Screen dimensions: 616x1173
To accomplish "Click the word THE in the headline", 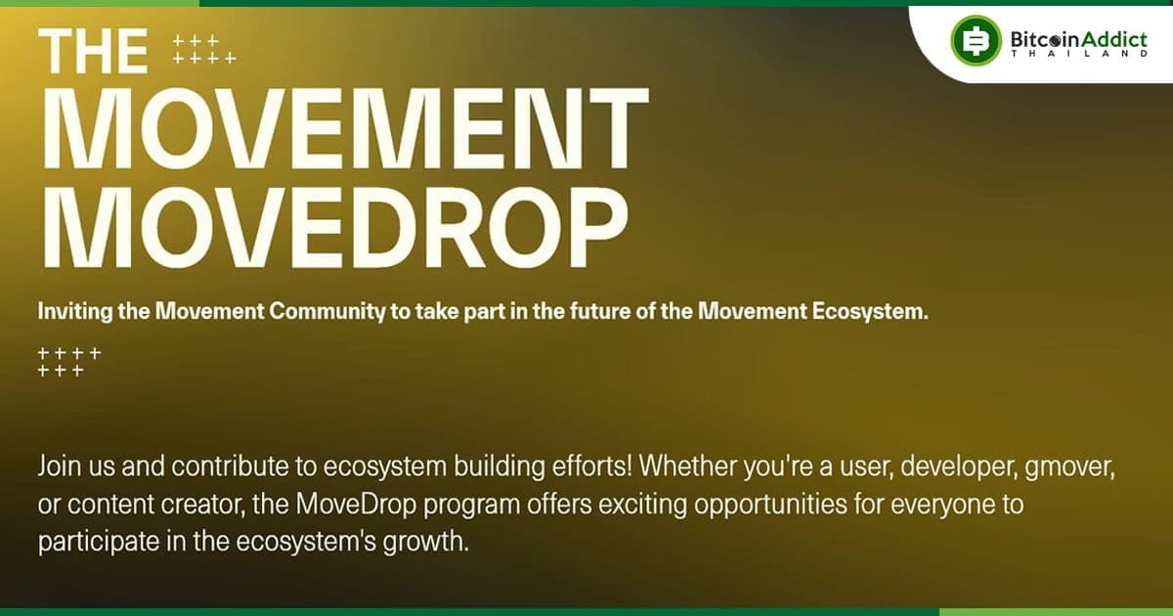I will tap(94, 50).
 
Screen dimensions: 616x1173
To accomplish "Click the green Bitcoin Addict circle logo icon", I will tap(976, 41).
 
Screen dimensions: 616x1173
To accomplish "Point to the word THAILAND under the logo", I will tap(1080, 55).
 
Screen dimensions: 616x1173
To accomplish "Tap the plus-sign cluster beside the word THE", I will tap(203, 50).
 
